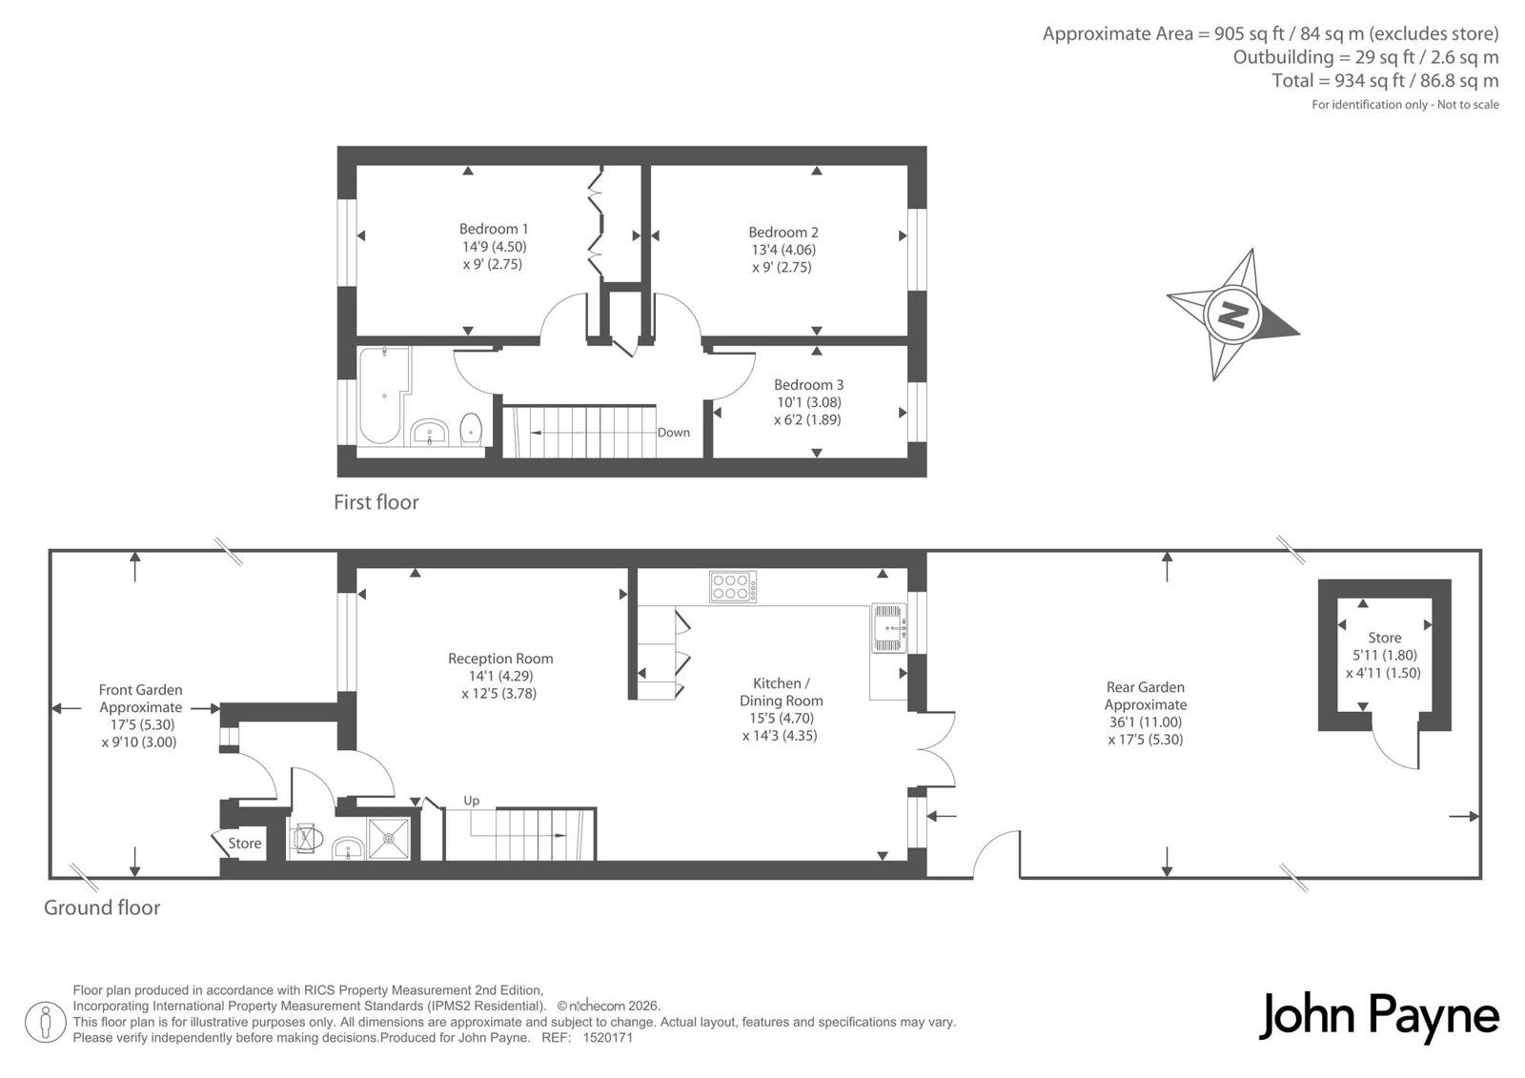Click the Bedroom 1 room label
(x=494, y=229)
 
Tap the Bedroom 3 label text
(x=809, y=385)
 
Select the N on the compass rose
(x=1232, y=315)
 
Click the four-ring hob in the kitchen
(x=733, y=587)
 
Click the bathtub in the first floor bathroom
(x=383, y=395)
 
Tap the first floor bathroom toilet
(x=471, y=428)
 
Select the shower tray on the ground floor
(x=389, y=839)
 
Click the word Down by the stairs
(x=673, y=433)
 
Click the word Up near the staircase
(x=471, y=801)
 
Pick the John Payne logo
(x=1378, y=1017)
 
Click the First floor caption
(x=376, y=502)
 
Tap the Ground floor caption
(x=102, y=907)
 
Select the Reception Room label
(x=500, y=659)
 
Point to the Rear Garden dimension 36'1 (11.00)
(x=1146, y=722)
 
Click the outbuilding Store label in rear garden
(x=1385, y=638)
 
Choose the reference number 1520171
(x=608, y=1038)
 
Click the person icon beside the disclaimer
(x=45, y=1022)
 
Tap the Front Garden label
(x=141, y=690)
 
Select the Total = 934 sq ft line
(x=1386, y=81)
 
